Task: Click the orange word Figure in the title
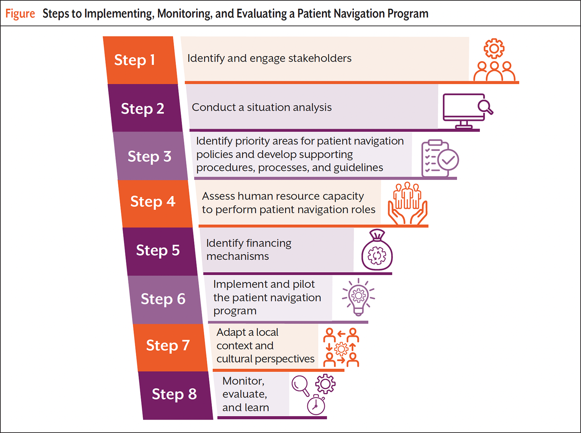(x=20, y=14)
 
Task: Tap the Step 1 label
(x=134, y=60)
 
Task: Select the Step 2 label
(x=143, y=109)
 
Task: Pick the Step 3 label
(x=150, y=157)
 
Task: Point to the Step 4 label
(x=153, y=202)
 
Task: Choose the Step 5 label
(x=158, y=250)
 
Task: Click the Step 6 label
(x=163, y=299)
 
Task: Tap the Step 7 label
(x=168, y=345)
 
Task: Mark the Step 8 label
(x=174, y=394)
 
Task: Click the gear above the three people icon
(x=494, y=48)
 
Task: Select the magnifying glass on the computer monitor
(x=485, y=107)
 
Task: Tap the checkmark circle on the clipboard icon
(x=449, y=160)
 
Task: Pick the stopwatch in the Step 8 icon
(x=316, y=405)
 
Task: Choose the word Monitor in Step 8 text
(x=243, y=381)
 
